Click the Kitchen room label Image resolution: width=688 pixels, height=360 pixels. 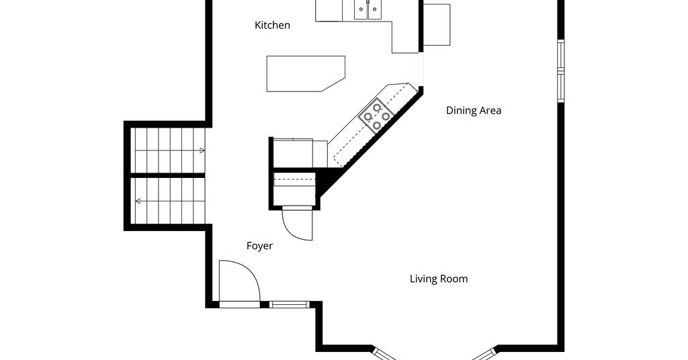(272, 26)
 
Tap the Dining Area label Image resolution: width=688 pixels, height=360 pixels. (474, 111)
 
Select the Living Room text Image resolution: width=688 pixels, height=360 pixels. (438, 279)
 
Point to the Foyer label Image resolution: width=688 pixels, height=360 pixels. (259, 246)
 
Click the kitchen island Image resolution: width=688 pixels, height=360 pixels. (306, 74)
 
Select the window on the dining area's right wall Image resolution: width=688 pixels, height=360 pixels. (561, 71)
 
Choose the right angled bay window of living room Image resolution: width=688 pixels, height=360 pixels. (485, 353)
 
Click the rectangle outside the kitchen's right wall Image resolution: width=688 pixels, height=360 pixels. (437, 25)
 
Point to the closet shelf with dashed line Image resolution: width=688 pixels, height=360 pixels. (294, 179)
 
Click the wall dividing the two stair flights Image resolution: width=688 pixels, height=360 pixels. (168, 175)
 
